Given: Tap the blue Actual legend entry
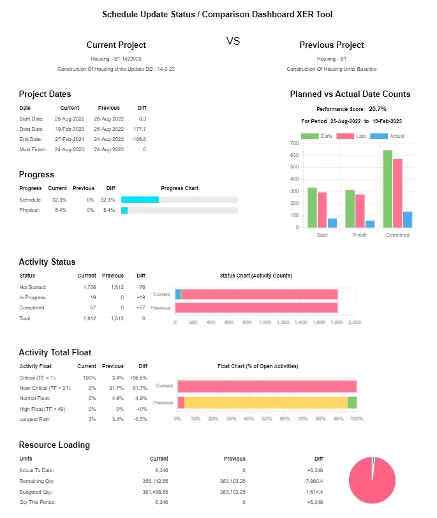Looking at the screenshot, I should click(x=388, y=136).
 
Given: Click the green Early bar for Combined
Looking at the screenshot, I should click(x=387, y=189).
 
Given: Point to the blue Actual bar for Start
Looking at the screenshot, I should click(x=332, y=223).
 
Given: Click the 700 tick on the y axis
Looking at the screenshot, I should click(x=294, y=144).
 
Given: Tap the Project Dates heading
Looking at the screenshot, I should click(x=45, y=94).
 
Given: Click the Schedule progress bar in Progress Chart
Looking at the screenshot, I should click(x=179, y=200).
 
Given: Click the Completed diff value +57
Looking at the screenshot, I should click(x=140, y=307).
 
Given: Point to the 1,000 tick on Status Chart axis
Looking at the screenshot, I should click(x=265, y=323).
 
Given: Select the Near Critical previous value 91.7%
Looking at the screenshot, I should click(x=113, y=388).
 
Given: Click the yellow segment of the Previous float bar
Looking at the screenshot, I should click(x=265, y=403).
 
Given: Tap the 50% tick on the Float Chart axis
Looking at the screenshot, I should click(x=267, y=419).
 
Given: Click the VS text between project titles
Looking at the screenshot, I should click(x=233, y=41).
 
